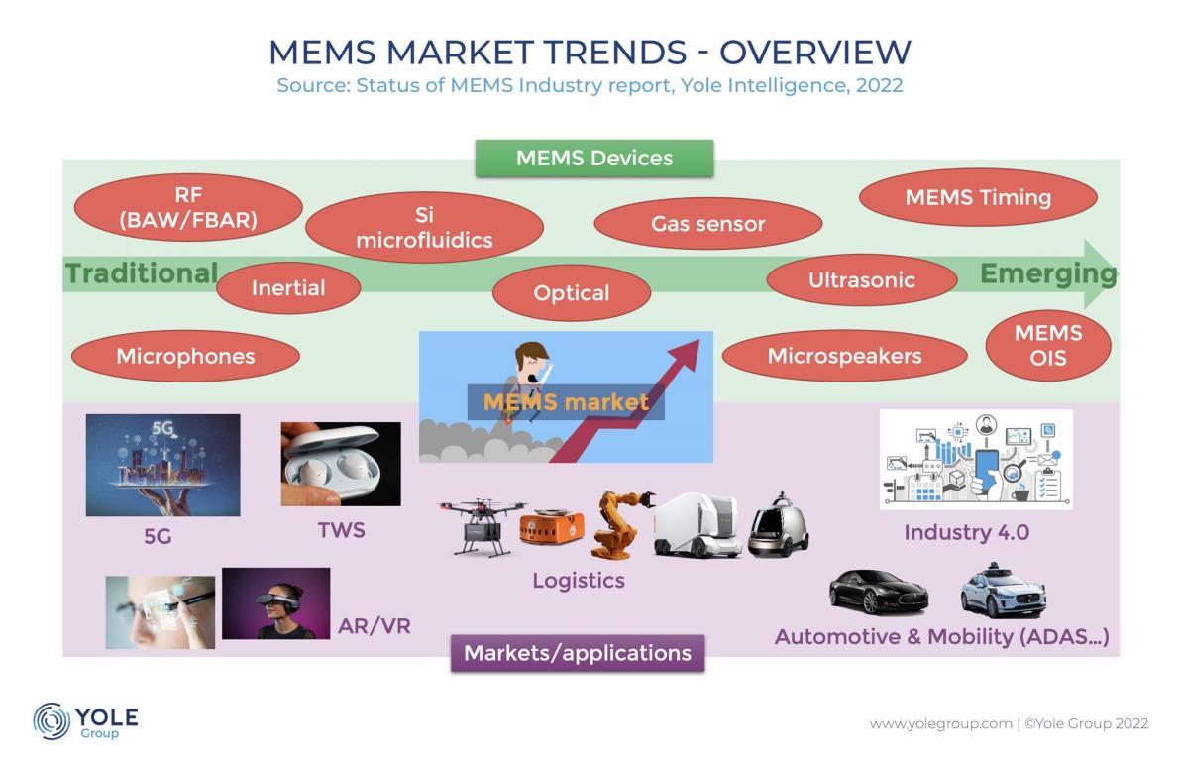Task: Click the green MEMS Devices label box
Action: pyautogui.click(x=593, y=158)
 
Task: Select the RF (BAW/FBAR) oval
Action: pyautogui.click(x=188, y=208)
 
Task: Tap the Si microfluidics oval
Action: pyautogui.click(x=424, y=227)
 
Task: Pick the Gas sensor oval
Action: pyautogui.click(x=708, y=224)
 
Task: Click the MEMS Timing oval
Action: pyautogui.click(x=978, y=197)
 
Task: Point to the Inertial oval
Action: pyautogui.click(x=288, y=287)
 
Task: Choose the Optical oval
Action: pyautogui.click(x=572, y=292)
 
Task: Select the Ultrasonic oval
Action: pyautogui.click(x=862, y=279)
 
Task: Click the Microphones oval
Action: pyautogui.click(x=185, y=356)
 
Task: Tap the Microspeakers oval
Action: pyautogui.click(x=844, y=356)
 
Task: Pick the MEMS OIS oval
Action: pyautogui.click(x=1048, y=346)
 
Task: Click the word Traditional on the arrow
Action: pyautogui.click(x=142, y=273)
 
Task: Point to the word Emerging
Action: pyautogui.click(x=1048, y=273)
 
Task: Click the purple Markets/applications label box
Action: pyautogui.click(x=578, y=653)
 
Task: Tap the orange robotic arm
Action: pyautogui.click(x=622, y=524)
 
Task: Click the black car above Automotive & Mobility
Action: pyautogui.click(x=878, y=593)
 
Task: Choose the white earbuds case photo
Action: pyautogui.click(x=341, y=464)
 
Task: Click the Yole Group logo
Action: pyautogui.click(x=85, y=720)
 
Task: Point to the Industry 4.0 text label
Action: pyautogui.click(x=966, y=533)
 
